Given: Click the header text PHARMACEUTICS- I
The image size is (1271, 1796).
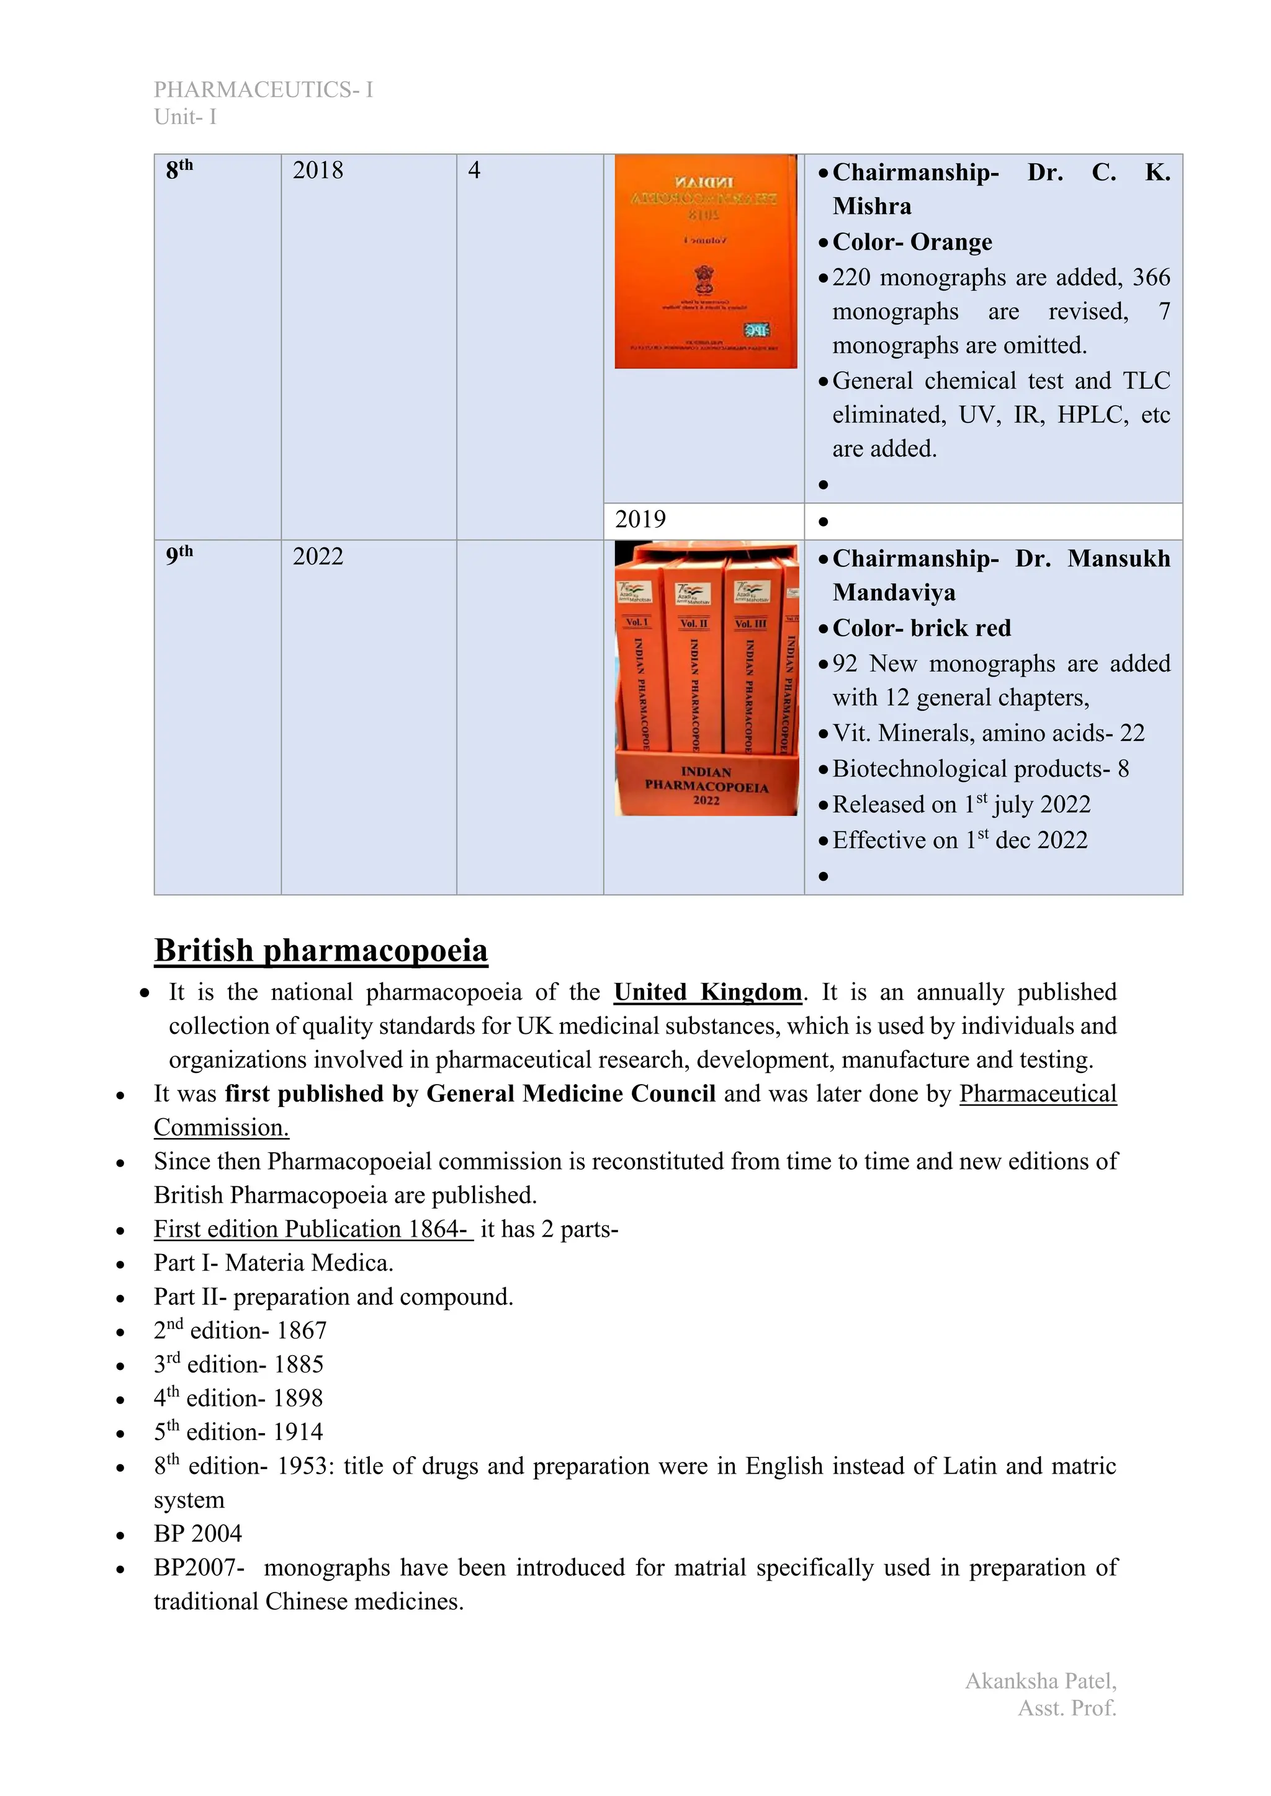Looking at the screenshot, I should (x=263, y=90).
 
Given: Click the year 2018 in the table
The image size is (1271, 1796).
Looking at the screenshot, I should (x=318, y=171).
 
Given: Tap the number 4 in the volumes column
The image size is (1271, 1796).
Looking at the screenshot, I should (x=474, y=171).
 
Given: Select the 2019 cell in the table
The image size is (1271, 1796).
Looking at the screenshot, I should (x=640, y=520).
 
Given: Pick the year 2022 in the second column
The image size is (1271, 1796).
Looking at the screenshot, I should (x=318, y=557).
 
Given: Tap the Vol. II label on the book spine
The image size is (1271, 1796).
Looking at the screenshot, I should (x=693, y=623).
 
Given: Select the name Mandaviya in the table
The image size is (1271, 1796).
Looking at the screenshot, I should (x=894, y=592).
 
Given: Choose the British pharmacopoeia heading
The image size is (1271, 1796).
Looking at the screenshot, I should (x=321, y=951).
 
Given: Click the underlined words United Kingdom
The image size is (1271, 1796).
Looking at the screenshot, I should (x=707, y=992).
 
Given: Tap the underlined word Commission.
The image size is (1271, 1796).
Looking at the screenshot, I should (x=222, y=1127).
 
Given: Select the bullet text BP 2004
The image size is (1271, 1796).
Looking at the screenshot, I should (x=198, y=1533).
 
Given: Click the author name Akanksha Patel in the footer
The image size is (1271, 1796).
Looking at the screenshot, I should (x=1040, y=1681).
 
